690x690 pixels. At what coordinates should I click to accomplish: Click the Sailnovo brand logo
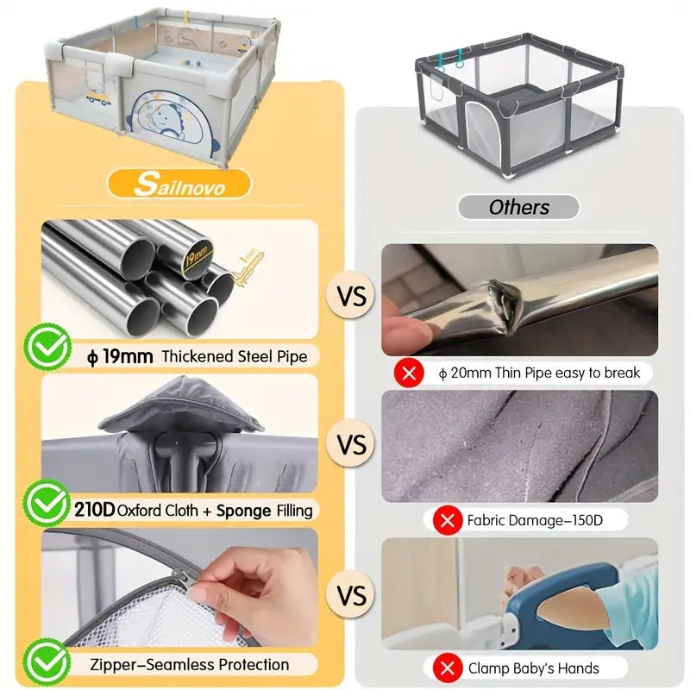point(179,183)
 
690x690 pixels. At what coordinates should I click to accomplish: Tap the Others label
point(519,207)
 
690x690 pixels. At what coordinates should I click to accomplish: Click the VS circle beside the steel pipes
point(352,295)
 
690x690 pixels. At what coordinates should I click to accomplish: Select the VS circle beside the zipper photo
point(352,595)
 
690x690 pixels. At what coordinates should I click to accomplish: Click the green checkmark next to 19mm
point(48,347)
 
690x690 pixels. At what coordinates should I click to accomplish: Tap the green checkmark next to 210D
point(47,503)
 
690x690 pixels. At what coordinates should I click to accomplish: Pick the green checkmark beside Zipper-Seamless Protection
point(47,662)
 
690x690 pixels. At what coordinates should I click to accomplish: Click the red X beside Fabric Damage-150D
point(448,521)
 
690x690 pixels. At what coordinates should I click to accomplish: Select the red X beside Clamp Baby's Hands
point(448,668)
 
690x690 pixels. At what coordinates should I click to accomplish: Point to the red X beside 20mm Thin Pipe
point(409,373)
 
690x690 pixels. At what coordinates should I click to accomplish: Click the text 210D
point(94,510)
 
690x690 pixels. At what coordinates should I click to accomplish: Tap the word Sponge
point(243,511)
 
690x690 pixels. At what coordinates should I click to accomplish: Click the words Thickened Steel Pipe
point(235,356)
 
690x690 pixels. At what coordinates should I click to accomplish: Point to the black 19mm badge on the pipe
point(197,256)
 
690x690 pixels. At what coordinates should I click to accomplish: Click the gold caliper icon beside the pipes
point(248,267)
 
